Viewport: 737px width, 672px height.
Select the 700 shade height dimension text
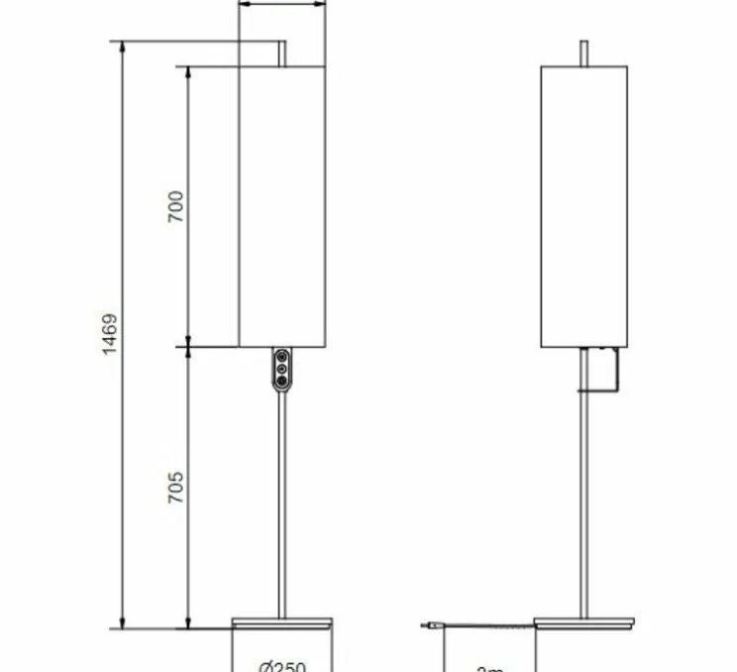[175, 206]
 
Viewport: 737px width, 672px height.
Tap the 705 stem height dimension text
[175, 488]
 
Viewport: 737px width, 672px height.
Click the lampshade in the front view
[282, 206]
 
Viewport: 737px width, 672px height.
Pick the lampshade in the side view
[583, 206]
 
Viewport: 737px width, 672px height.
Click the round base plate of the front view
[282, 623]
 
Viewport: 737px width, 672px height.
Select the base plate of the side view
[583, 623]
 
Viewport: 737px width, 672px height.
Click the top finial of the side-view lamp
[583, 53]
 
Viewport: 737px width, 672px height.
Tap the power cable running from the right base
[485, 625]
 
